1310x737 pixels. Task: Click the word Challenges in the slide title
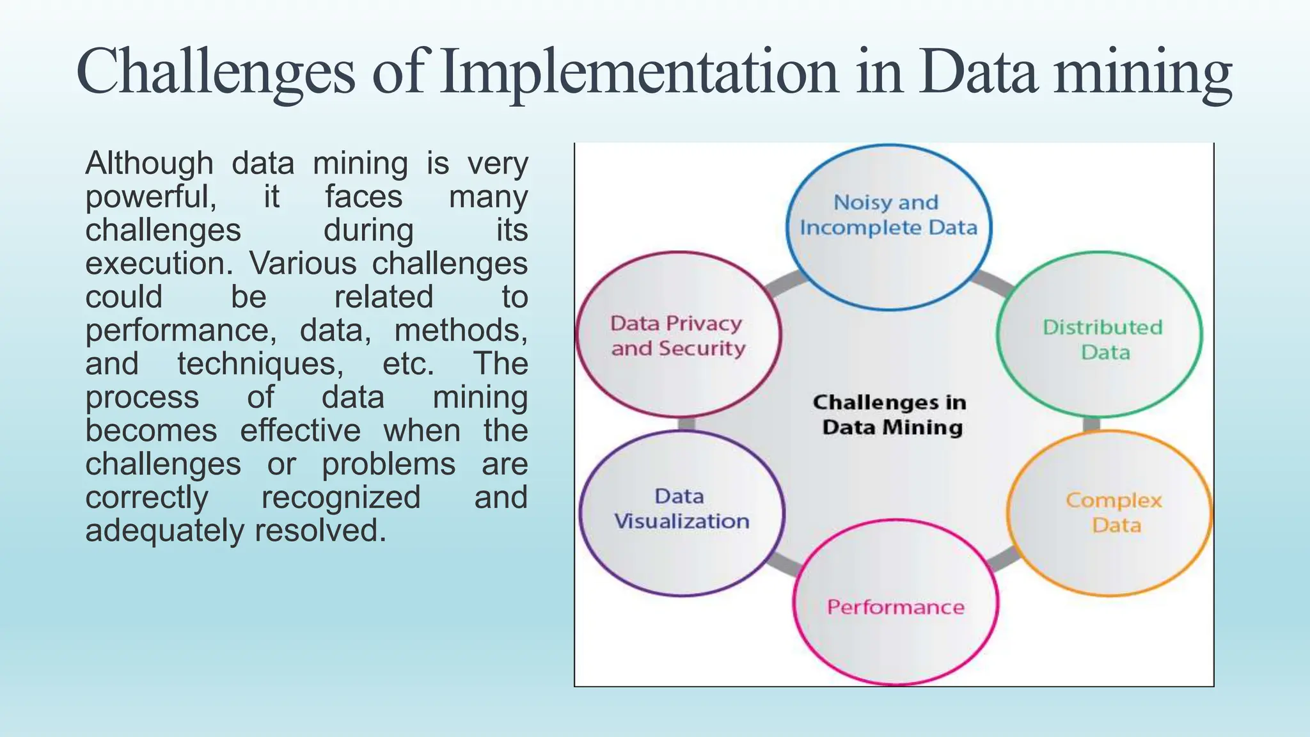215,72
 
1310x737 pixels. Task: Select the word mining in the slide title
1142,72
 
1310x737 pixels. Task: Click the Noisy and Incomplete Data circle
888,228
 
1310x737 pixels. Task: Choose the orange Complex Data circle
1110,514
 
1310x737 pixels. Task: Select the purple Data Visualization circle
682,512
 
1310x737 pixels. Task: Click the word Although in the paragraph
149,164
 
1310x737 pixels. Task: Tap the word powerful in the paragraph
151,197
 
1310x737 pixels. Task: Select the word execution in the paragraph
159,264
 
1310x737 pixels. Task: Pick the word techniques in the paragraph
260,364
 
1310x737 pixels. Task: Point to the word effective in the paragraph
300,431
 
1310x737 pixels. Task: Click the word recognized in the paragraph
341,498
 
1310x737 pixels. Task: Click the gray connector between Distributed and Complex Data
1091,424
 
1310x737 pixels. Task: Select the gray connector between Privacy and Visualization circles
686,424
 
